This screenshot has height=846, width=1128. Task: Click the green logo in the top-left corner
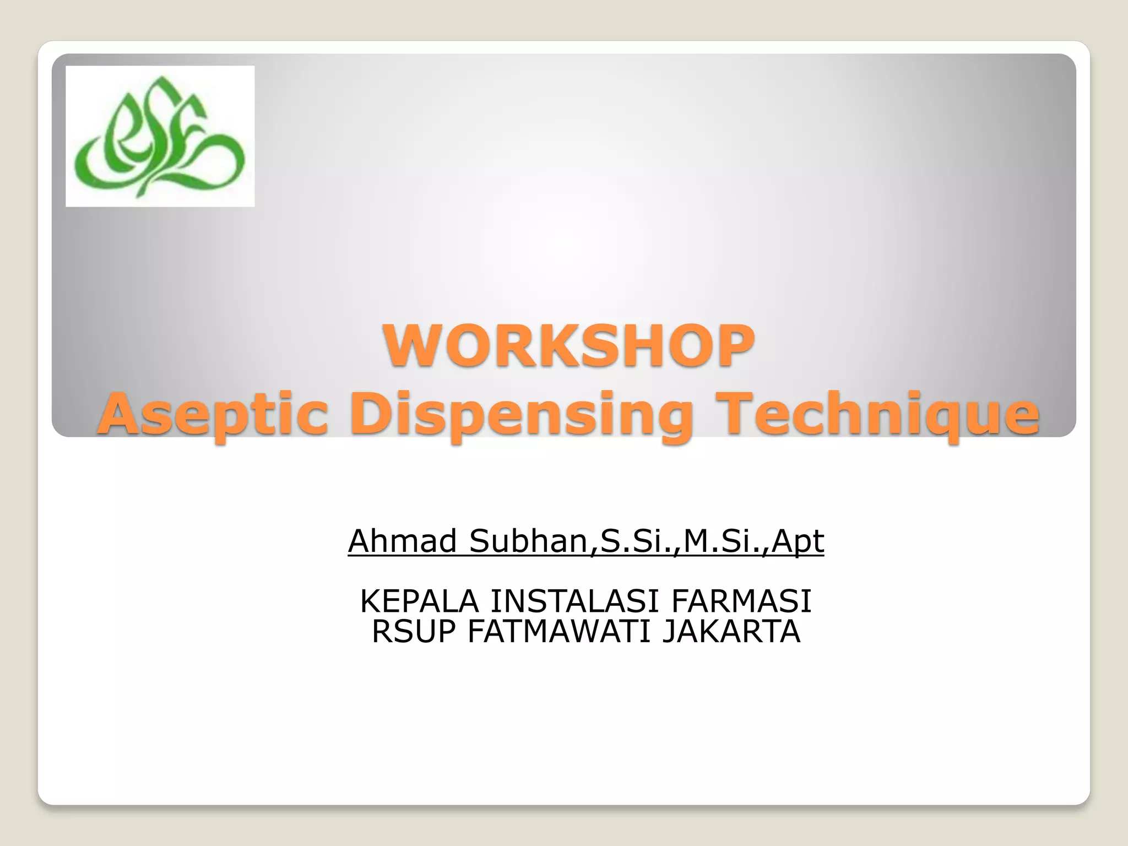(160, 137)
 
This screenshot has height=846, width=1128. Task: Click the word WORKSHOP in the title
(569, 346)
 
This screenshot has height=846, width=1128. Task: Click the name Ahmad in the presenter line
(403, 541)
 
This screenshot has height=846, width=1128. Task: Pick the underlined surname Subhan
(529, 541)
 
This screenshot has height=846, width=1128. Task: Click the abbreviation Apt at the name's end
(798, 541)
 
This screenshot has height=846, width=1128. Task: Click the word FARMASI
(741, 601)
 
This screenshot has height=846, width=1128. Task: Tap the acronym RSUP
(414, 632)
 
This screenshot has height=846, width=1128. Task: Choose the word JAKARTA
(731, 632)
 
